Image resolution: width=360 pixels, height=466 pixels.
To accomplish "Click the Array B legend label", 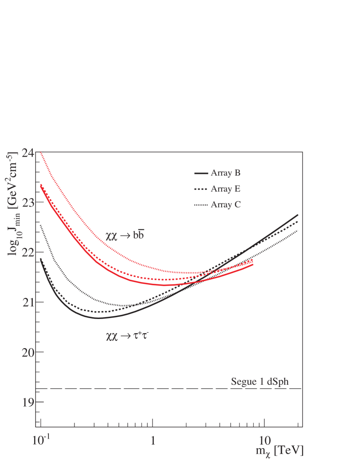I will pyautogui.click(x=225, y=173).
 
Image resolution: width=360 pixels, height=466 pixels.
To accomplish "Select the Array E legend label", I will pyautogui.click(x=225, y=189).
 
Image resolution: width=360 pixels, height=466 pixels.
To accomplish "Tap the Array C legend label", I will pyautogui.click(x=225, y=204).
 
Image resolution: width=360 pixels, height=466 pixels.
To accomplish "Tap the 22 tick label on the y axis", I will pyautogui.click(x=26, y=252).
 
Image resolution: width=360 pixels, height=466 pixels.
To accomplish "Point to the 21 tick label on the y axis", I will pyautogui.click(x=26, y=302).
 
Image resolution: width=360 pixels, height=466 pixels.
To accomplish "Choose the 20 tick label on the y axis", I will pyautogui.click(x=26, y=352).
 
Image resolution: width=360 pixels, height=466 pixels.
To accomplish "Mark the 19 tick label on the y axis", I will pyautogui.click(x=26, y=402).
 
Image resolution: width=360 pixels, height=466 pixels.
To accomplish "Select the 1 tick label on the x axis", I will pyautogui.click(x=152, y=442).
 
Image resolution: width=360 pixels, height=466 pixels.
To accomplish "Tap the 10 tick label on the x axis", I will pyautogui.click(x=263, y=442).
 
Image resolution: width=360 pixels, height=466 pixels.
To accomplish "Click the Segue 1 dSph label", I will pyautogui.click(x=266, y=382).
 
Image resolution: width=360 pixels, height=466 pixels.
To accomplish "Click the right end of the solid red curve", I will pyautogui.click(x=252, y=264).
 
